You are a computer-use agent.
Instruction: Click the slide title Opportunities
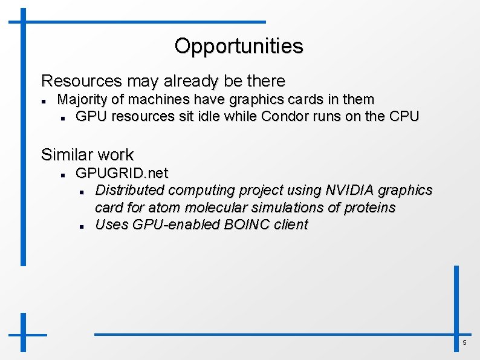(239, 46)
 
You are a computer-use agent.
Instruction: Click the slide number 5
(464, 343)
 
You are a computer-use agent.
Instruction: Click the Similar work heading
(87, 155)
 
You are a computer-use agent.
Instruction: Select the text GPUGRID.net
(122, 173)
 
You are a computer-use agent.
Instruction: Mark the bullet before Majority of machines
(45, 100)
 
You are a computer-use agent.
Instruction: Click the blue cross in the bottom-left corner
(23, 333)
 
